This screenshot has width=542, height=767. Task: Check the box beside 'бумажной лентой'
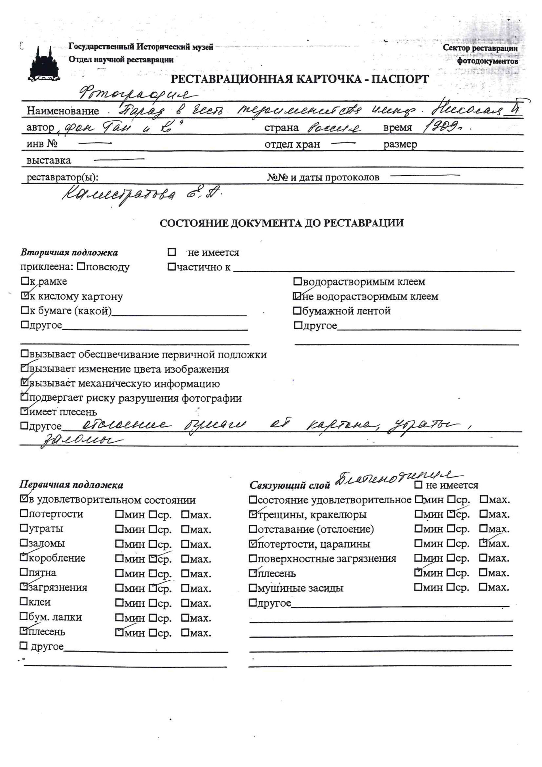coord(296,311)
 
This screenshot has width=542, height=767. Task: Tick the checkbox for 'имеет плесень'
coord(24,411)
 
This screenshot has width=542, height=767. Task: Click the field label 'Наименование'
coord(63,111)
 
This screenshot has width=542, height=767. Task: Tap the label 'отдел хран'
coord(292,144)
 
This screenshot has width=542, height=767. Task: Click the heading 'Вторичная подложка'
coord(69,253)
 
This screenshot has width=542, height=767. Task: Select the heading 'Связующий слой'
coord(290,485)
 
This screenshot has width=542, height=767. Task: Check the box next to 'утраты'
coord(24,528)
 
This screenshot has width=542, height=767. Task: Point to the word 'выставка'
coord(49,160)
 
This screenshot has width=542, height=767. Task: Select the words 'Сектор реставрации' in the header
coord(480,48)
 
